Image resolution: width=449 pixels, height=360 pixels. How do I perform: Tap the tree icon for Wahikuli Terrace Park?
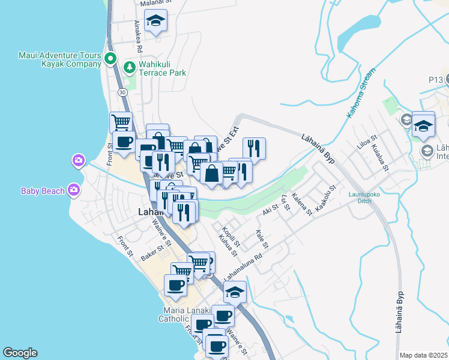(128, 67)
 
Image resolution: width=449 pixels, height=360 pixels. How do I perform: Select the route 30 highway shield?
(122, 92)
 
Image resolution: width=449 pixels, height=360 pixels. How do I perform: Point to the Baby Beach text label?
(43, 191)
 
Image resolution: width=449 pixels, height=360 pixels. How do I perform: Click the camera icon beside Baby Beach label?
(74, 190)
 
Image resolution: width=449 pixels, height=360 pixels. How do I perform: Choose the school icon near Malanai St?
(155, 21)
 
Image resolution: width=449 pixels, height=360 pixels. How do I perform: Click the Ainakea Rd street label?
(138, 35)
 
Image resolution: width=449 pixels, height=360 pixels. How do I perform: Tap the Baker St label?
(152, 253)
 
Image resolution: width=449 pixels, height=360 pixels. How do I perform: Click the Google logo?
(20, 353)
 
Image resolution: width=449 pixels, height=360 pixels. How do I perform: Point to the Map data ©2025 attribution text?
(423, 355)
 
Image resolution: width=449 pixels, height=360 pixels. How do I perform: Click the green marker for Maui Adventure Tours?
(110, 59)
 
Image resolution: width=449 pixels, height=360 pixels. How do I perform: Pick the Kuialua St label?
(380, 157)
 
